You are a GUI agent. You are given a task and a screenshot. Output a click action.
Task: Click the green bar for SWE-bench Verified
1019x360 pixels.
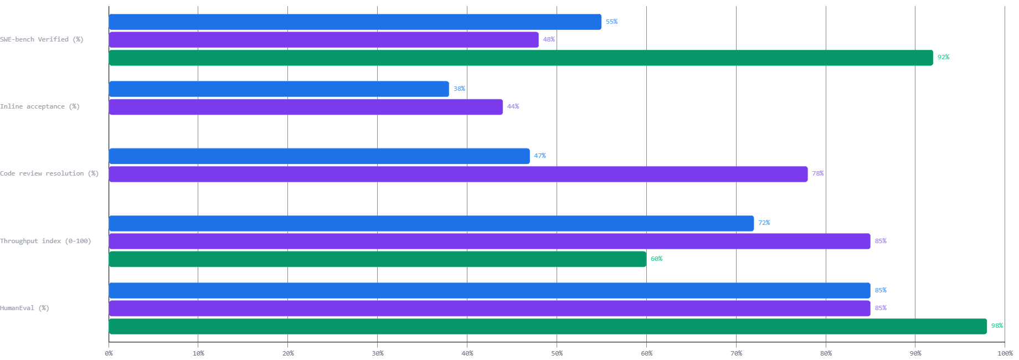tap(521, 58)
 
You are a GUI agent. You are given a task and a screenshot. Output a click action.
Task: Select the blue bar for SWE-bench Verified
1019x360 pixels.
tap(355, 22)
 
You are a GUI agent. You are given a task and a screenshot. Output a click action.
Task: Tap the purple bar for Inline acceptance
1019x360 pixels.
tap(306, 107)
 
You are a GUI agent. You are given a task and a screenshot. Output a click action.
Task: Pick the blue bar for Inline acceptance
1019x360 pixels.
tap(279, 89)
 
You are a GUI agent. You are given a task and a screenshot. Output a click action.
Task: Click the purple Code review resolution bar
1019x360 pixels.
tap(458, 174)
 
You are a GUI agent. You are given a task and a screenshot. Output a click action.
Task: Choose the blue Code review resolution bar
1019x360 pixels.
tap(319, 156)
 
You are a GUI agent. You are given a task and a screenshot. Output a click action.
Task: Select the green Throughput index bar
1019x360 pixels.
tap(377, 259)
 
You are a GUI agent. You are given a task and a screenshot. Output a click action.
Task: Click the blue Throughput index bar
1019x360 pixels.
tap(431, 223)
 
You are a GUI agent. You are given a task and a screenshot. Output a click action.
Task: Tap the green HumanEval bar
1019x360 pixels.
tap(548, 326)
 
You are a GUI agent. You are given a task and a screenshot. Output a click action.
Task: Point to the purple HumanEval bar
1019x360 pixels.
tap(490, 308)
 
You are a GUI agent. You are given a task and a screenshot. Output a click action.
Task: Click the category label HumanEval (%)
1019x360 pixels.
tap(25, 308)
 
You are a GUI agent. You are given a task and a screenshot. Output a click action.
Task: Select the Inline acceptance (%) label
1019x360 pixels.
tap(40, 106)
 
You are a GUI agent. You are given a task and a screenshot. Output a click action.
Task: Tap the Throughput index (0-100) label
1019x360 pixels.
tap(45, 241)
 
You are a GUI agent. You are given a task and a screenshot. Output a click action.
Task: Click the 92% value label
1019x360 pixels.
tap(943, 58)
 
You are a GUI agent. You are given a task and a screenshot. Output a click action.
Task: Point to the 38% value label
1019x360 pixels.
tap(459, 89)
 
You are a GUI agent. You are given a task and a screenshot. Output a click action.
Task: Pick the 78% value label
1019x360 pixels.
tap(817, 174)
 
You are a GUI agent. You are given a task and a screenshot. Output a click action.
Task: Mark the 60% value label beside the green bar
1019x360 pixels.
tap(656, 259)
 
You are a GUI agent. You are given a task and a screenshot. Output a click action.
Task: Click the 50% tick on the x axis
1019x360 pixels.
tap(557, 353)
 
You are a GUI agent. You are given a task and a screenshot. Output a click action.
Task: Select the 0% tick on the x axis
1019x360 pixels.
tap(109, 353)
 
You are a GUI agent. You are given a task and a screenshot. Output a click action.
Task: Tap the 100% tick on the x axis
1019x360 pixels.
tap(1005, 353)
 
